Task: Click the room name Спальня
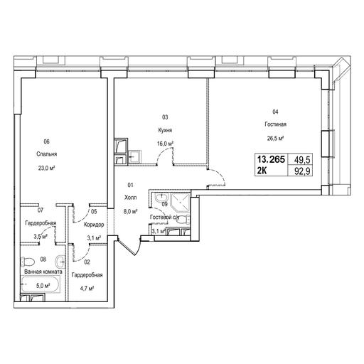(47, 154)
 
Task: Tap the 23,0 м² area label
(47, 168)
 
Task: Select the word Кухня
(165, 130)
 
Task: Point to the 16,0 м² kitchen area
(165, 144)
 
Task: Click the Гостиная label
(275, 124)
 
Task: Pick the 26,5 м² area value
(275, 138)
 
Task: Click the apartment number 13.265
(271, 159)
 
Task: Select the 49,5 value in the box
(302, 160)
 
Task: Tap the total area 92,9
(302, 171)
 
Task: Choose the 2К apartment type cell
(262, 171)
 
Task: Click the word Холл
(130, 198)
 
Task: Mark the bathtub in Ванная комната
(40, 284)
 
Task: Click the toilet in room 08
(27, 262)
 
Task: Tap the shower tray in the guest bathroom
(181, 203)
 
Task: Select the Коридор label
(94, 225)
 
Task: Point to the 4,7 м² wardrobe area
(87, 289)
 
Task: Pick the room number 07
(41, 210)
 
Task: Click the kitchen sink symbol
(135, 156)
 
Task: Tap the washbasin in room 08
(60, 262)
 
